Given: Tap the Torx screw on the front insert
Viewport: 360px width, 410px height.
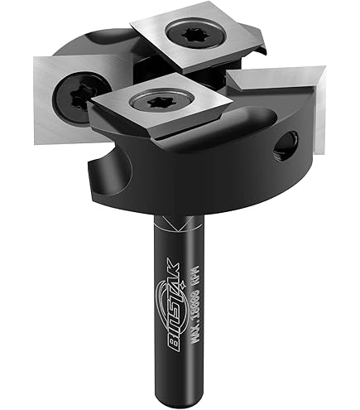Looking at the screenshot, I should (155, 104).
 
